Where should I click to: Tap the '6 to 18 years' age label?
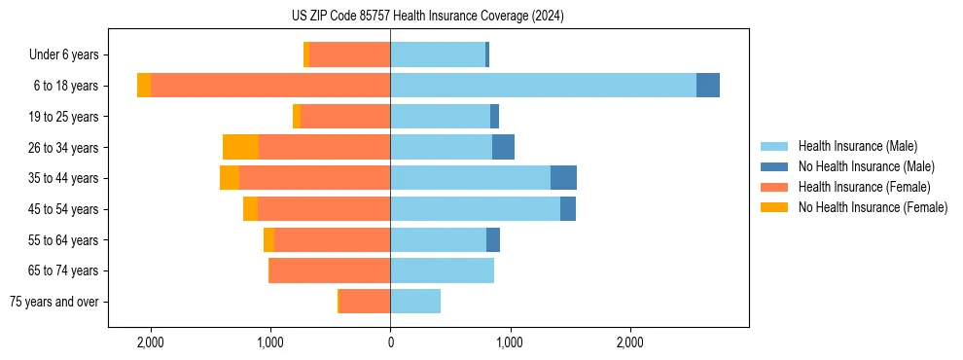pos(65,86)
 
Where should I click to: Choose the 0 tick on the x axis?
pos(390,342)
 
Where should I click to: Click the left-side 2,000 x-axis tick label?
pos(151,342)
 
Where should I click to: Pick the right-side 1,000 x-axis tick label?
pos(510,342)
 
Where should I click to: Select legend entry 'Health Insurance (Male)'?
pos(857,146)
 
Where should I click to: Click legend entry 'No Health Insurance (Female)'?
pos(873,207)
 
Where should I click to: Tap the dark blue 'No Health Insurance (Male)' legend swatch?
pos(775,166)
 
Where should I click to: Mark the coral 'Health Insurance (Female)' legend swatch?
pos(775,187)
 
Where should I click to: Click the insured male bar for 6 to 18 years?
pos(543,86)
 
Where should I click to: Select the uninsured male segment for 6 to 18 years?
pos(708,86)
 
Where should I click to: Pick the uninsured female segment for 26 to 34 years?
pos(240,147)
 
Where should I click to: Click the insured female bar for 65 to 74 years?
pos(330,270)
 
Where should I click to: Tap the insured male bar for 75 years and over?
pos(415,302)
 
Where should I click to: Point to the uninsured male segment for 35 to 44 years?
pos(563,178)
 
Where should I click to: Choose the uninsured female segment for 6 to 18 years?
pos(144,86)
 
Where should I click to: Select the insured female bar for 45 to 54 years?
pos(324,209)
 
